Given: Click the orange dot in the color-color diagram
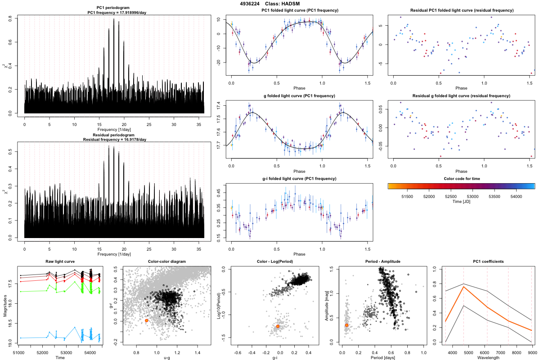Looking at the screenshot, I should point(147,320).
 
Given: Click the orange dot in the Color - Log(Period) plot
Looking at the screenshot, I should point(278,326).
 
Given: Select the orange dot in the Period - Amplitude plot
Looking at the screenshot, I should point(346,325).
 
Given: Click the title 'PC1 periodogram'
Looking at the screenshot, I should point(114,8).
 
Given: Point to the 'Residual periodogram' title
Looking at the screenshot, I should point(114,135).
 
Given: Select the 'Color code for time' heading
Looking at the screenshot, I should point(461,179).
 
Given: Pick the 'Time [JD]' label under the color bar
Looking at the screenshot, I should point(461,202).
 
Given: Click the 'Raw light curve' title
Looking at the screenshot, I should point(60,261).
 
